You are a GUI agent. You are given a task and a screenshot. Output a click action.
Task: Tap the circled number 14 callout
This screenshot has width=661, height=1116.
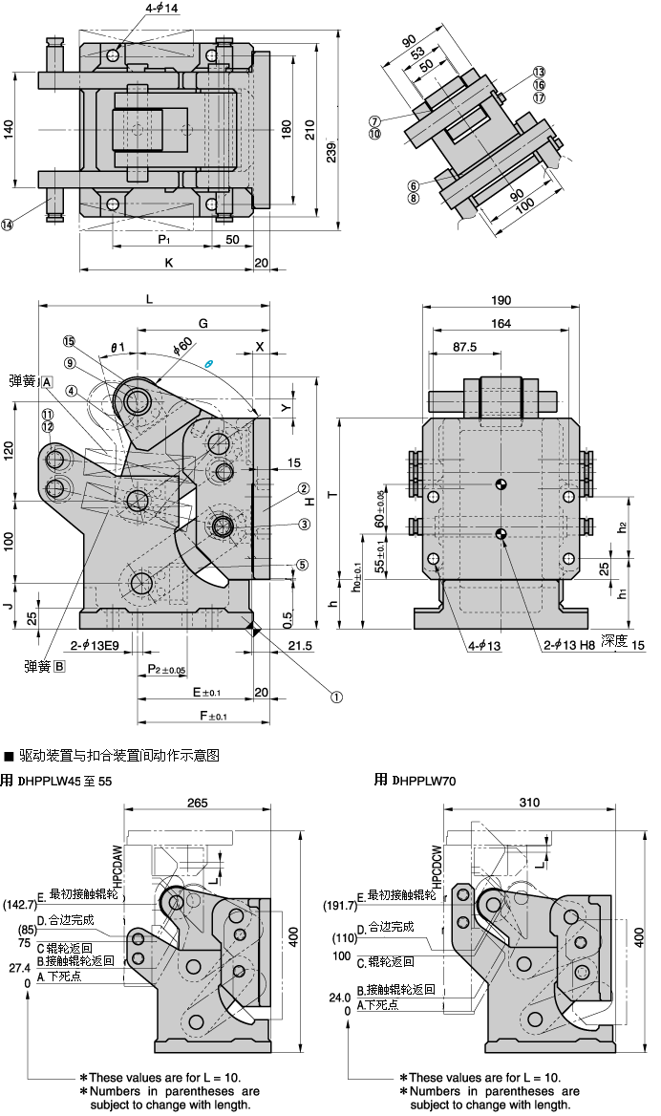coord(8,225)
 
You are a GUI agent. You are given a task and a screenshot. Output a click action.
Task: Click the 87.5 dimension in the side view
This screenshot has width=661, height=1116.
coord(465,348)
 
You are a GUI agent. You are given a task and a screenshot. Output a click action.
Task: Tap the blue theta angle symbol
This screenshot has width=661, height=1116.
coord(209,365)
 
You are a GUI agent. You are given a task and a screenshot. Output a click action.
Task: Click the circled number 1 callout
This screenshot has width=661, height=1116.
coord(335,697)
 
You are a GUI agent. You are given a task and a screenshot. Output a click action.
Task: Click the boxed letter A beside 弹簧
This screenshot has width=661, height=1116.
coord(46,381)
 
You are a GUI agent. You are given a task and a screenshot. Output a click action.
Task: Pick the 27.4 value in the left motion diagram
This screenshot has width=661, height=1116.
coord(19,968)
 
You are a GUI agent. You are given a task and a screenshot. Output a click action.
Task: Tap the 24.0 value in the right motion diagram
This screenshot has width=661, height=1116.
coord(339,997)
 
